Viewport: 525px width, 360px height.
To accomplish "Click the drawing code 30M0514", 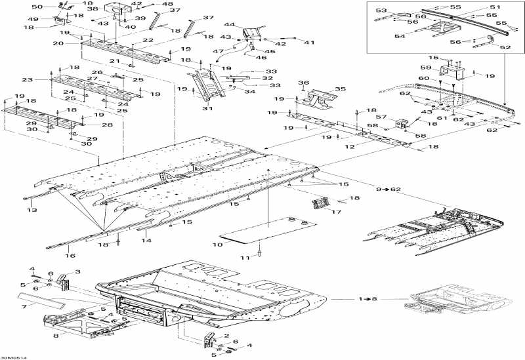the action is point(14,357).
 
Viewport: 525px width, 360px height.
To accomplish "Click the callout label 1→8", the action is point(368,299).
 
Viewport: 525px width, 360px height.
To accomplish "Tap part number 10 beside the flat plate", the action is point(217,245).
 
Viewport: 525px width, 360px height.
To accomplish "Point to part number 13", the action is point(32,210).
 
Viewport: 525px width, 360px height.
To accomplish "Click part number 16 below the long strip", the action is point(70,256).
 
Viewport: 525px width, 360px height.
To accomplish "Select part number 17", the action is point(336,212).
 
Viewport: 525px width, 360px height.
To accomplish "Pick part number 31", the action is point(207,108).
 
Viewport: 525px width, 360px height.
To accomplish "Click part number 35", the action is point(340,89).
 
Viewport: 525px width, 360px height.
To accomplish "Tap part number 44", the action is point(229,24).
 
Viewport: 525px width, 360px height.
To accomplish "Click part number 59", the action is point(426,68).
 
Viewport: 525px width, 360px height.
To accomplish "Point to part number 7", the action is point(24,306).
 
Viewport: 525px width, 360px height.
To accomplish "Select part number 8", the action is point(56,335).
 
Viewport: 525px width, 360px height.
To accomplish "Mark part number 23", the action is point(28,80).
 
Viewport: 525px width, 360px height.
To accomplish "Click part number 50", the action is point(37,7).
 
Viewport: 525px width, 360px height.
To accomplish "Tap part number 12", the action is point(350,146).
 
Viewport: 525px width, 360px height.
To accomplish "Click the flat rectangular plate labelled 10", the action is point(270,230).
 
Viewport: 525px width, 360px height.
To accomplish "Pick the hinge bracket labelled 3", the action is point(64,282).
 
